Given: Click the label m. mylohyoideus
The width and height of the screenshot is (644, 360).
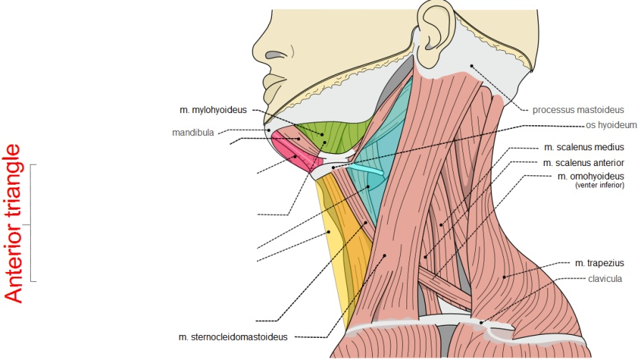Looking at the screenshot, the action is point(213,110).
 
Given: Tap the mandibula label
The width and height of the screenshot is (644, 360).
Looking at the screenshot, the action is point(193,132).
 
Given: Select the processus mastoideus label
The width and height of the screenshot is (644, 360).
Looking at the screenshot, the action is point(578,110).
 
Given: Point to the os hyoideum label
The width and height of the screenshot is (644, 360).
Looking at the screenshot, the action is point(611,125).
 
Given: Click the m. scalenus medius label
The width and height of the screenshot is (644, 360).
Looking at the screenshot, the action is point(584,147).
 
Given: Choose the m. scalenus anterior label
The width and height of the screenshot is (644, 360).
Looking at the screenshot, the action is point(584,163).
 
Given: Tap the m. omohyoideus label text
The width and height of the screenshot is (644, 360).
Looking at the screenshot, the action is point(590,176).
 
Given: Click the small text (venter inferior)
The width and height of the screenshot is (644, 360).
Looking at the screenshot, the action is point(600,185).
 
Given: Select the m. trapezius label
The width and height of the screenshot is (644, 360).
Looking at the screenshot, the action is point(599,263).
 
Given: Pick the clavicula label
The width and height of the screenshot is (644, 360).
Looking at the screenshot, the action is point(605,279).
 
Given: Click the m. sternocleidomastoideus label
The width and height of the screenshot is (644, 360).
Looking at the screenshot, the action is point(233,337).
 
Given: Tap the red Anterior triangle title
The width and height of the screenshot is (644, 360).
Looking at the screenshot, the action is point(12,223).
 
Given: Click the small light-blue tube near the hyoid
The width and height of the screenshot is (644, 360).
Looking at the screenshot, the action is point(365,170).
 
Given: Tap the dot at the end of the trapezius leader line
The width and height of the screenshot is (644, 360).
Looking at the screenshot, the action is point(504,277).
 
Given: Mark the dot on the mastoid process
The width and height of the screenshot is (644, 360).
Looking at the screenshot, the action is point(472,66).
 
